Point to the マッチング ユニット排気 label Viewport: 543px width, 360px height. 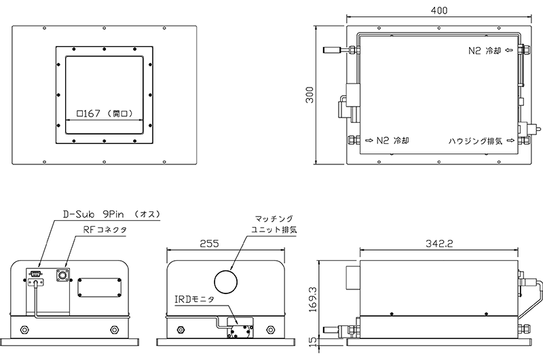[x=274, y=224]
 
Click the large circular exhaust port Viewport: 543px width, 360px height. [x=225, y=278]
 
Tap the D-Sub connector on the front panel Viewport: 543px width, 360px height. [x=34, y=274]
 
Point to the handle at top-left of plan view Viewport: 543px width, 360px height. [x=335, y=50]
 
